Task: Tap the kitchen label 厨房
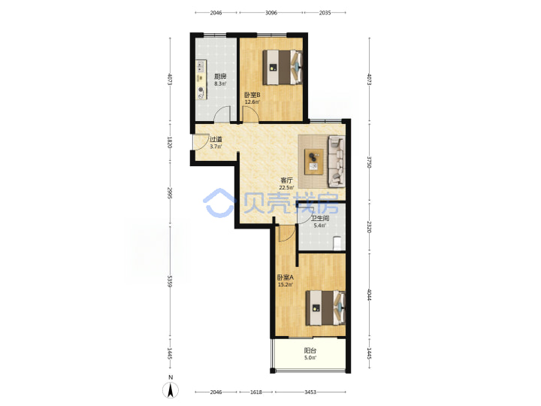point(220,76)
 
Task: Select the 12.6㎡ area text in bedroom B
point(252,101)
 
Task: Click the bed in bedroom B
point(283,68)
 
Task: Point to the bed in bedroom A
point(325,308)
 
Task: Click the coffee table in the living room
point(314,162)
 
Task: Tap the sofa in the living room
point(337,161)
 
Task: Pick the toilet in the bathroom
point(337,243)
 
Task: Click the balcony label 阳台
point(310,350)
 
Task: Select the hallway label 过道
point(216,140)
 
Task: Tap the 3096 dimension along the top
point(271,13)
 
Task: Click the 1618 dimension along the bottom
point(256,392)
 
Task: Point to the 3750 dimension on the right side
point(369,162)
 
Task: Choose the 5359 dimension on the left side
point(170,281)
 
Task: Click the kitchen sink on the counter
point(201,66)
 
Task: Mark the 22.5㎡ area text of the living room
point(287,187)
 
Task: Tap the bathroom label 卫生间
point(320,218)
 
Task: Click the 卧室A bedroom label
point(286,277)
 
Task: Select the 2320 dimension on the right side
point(369,227)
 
